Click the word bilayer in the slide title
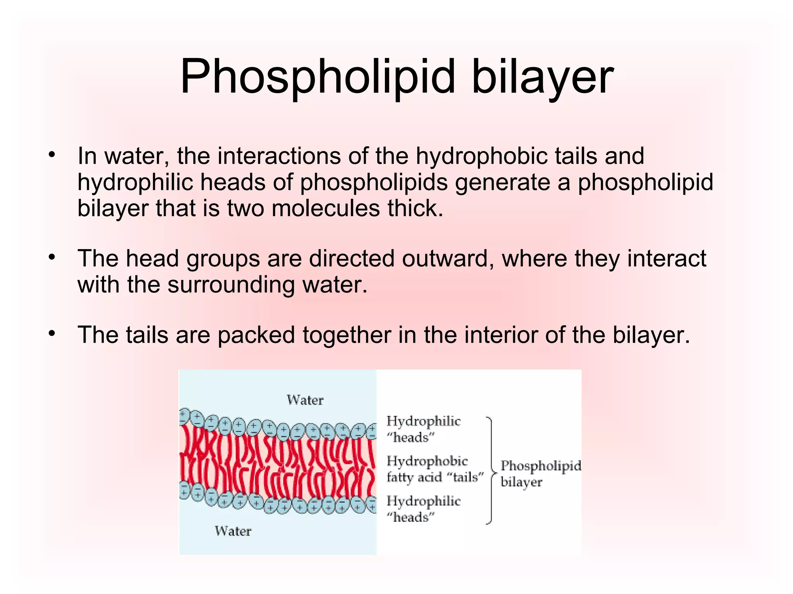coord(542,77)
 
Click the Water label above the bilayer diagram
coord(305,400)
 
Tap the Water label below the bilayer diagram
coord(233,531)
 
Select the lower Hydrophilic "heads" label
coord(423,509)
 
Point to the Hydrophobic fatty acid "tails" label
coord(435,469)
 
